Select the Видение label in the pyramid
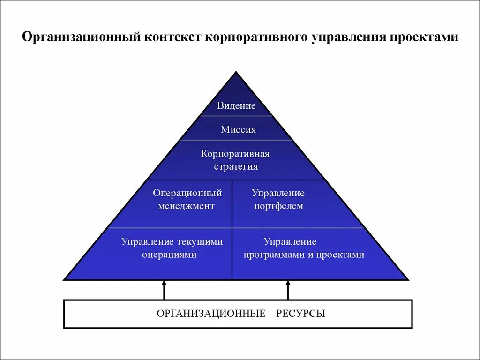236,106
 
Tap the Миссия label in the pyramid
239,130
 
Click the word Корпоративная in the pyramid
235,154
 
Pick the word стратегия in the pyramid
236,166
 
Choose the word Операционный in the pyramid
187,193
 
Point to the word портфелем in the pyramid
278,206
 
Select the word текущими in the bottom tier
200,242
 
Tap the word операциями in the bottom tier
169,255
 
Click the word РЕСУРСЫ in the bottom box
301,314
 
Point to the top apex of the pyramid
236,73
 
